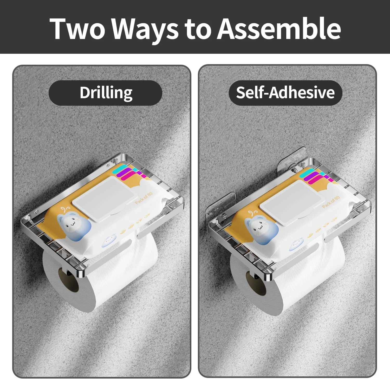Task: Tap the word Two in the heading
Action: (x=77, y=28)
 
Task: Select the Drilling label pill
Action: (x=105, y=93)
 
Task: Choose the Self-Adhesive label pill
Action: (x=285, y=93)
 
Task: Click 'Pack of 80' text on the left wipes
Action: (x=144, y=198)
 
